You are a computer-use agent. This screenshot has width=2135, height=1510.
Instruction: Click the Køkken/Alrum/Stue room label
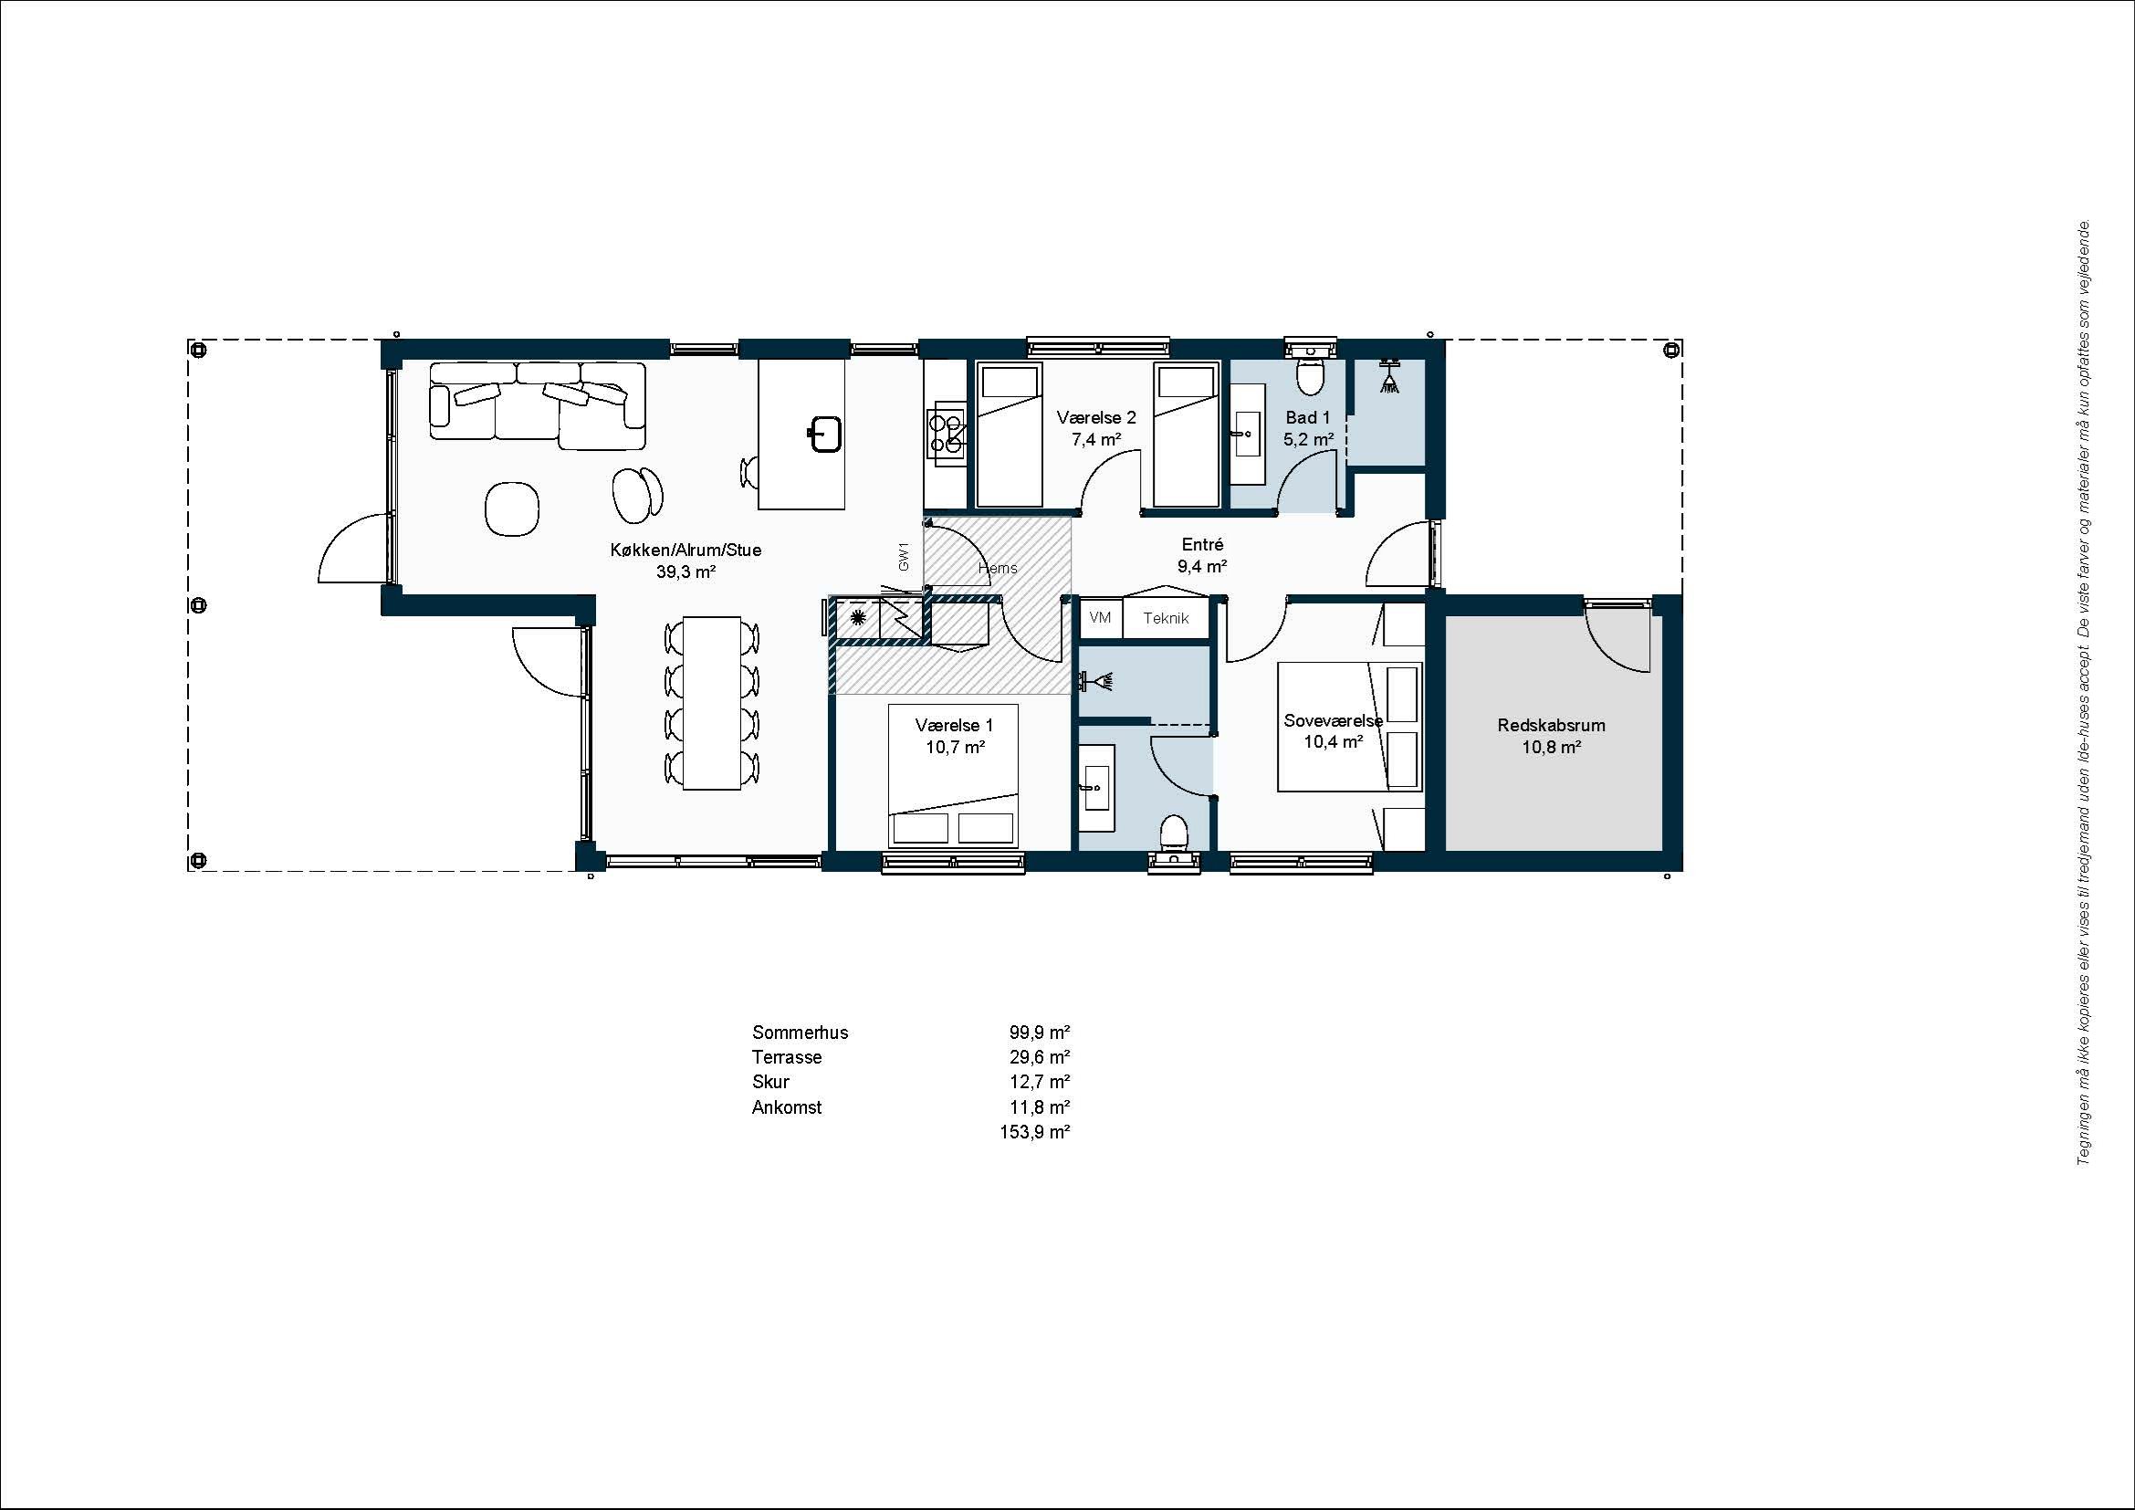point(686,551)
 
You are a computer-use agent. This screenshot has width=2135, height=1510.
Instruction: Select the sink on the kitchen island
point(824,435)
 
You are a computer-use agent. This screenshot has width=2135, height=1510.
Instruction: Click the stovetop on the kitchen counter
point(947,433)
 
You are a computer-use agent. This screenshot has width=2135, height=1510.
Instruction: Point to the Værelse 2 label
point(1096,418)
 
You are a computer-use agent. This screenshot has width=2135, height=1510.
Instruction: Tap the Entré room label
point(1202,545)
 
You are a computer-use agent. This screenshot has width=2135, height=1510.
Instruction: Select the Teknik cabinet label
point(1166,618)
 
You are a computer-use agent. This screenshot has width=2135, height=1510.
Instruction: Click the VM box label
point(1100,617)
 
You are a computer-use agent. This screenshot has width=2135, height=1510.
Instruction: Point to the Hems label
point(998,568)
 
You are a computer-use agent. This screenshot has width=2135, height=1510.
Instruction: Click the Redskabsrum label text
point(1551,725)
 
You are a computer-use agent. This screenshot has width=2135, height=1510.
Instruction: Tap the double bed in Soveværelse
point(1350,727)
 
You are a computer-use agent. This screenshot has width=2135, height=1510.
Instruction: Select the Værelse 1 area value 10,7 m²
point(955,747)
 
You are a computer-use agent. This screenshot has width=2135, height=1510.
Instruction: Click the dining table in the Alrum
point(711,703)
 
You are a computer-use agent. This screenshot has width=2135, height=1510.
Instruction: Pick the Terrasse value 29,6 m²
point(1040,1057)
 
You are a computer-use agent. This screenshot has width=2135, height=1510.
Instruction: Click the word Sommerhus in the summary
point(800,1033)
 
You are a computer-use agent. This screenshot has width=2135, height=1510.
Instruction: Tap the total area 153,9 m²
point(1035,1132)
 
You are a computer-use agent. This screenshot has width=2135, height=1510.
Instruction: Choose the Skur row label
point(771,1083)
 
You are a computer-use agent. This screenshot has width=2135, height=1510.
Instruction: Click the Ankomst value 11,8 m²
point(1040,1107)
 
